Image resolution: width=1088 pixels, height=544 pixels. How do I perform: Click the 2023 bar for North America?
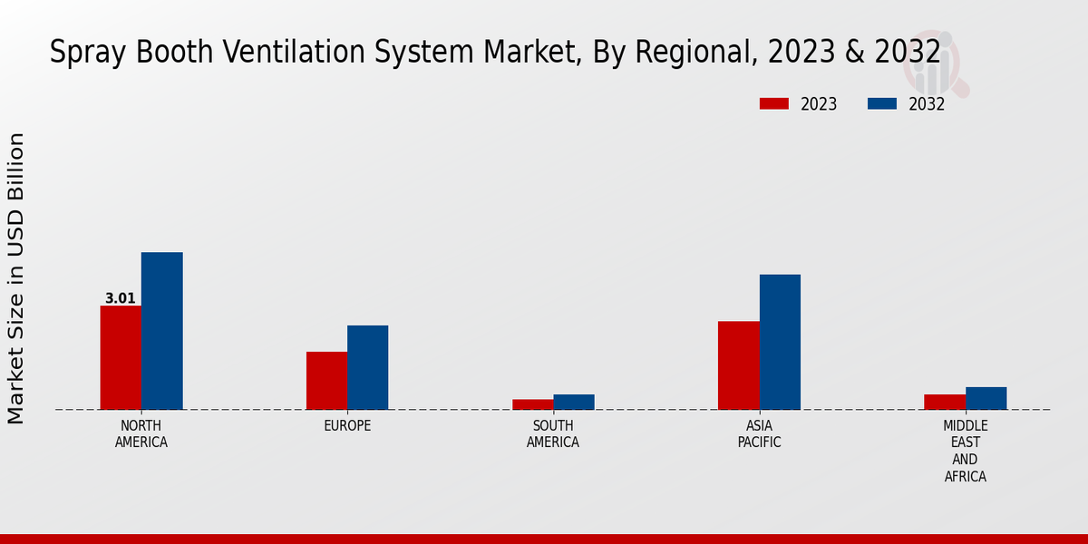click(121, 357)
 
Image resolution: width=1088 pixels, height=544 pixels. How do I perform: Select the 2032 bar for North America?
click(161, 331)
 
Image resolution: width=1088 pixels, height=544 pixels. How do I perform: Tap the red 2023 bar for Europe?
click(326, 381)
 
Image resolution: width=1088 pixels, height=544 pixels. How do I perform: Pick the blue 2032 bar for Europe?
click(367, 367)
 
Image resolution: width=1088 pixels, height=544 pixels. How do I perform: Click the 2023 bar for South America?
click(532, 404)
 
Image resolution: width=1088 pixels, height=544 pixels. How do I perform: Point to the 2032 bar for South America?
click(574, 402)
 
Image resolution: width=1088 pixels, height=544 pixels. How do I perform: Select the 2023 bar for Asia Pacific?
click(738, 365)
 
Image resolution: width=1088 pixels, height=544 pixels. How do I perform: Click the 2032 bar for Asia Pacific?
click(780, 342)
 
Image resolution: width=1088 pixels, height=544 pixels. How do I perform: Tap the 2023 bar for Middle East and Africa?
click(945, 402)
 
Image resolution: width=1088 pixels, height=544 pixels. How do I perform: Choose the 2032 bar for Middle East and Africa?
click(986, 398)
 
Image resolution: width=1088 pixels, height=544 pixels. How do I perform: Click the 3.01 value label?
click(121, 298)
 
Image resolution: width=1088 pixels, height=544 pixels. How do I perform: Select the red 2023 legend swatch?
click(774, 103)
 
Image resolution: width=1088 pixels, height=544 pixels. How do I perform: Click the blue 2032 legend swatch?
click(882, 103)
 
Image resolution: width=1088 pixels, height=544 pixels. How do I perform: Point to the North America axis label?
click(141, 434)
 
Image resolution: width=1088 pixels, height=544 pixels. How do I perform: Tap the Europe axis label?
click(347, 426)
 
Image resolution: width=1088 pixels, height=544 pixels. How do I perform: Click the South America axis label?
click(553, 434)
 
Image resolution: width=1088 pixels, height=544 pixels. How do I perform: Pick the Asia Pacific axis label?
click(759, 434)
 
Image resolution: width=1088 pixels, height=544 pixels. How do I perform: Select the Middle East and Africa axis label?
click(966, 451)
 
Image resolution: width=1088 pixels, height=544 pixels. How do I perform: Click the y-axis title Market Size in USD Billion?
click(16, 277)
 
